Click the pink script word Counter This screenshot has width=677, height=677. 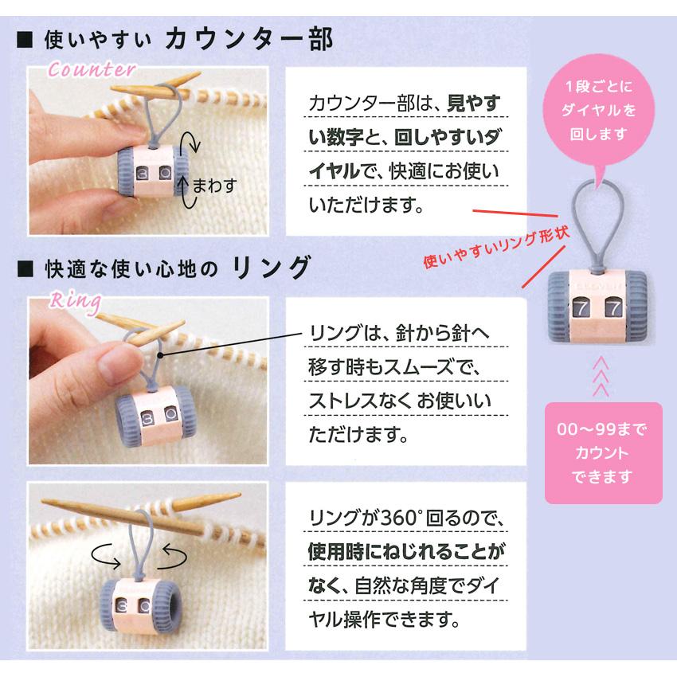(x=92, y=70)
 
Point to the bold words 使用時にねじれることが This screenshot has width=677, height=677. (x=406, y=551)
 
